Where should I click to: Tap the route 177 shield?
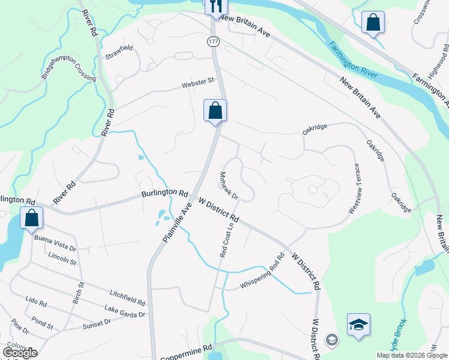tap(213, 41)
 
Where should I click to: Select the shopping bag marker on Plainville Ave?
tap(215, 111)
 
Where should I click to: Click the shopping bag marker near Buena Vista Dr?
tap(32, 218)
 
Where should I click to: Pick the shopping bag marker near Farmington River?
tap(373, 23)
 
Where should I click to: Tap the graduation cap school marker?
tap(358, 325)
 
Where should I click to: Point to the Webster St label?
tap(199, 83)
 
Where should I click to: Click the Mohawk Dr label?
tap(228, 186)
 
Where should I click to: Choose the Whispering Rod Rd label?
tap(262, 274)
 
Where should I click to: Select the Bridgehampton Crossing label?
tap(68, 70)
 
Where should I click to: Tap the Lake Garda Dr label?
tap(125, 311)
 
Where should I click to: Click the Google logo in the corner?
tap(20, 353)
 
